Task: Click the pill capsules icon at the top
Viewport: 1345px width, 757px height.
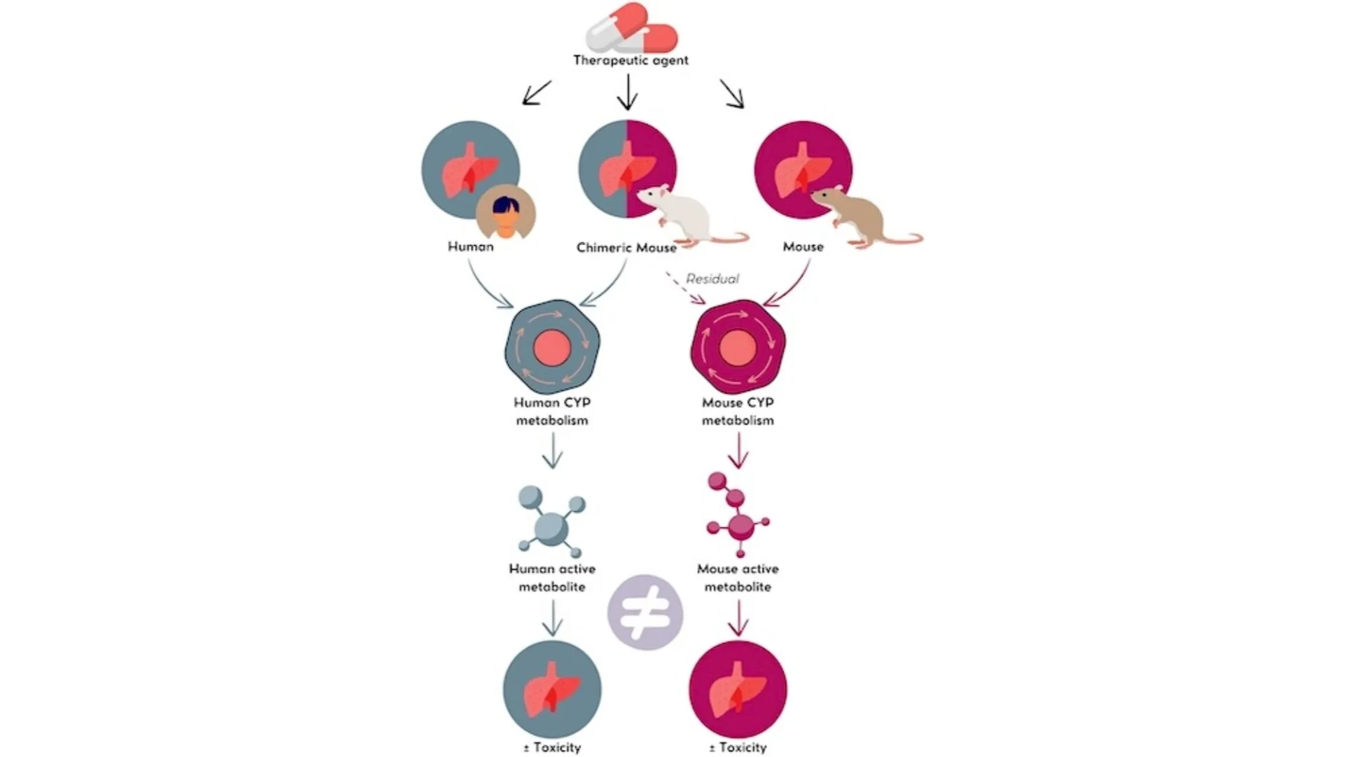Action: pyautogui.click(x=631, y=28)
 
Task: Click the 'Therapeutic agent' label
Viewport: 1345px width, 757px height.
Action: pyautogui.click(x=630, y=60)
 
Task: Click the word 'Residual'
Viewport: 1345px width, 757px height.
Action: pyautogui.click(x=712, y=279)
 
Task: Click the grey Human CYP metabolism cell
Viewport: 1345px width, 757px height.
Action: pyautogui.click(x=552, y=347)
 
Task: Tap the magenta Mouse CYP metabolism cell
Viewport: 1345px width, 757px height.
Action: pyautogui.click(x=738, y=347)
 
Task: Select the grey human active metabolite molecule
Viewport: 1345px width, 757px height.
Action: pyautogui.click(x=552, y=522)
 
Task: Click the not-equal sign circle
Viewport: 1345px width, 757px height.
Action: pyautogui.click(x=645, y=613)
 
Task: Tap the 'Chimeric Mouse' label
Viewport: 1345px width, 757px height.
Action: pyautogui.click(x=626, y=248)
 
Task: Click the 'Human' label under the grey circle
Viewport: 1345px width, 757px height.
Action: pyautogui.click(x=471, y=246)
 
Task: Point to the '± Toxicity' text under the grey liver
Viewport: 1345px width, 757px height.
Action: pyautogui.click(x=552, y=748)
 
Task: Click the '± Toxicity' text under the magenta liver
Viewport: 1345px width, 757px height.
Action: pyautogui.click(x=738, y=748)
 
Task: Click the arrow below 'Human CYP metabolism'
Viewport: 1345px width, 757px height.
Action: pyautogui.click(x=553, y=451)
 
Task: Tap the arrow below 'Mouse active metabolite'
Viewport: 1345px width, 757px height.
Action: pyautogui.click(x=738, y=618)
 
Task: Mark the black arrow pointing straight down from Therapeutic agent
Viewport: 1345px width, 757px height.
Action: pyautogui.click(x=628, y=92)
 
